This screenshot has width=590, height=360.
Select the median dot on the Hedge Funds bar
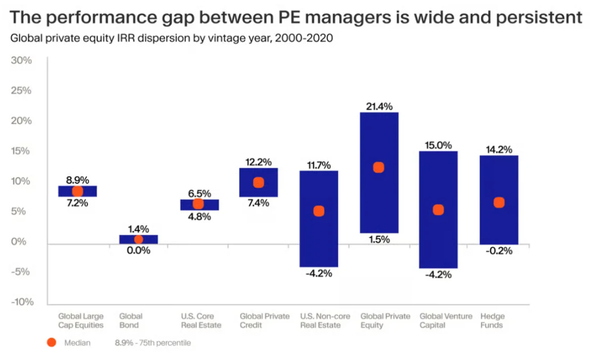click(498, 202)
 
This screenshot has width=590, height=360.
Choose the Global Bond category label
click(130, 320)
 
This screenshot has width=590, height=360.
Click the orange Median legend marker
click(51, 342)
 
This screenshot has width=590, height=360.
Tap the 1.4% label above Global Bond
click(138, 229)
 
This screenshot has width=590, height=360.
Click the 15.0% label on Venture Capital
click(438, 144)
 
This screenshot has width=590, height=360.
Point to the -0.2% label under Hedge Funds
click(498, 251)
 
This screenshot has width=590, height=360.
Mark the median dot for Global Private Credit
click(258, 182)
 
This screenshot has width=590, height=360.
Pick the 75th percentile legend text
click(152, 343)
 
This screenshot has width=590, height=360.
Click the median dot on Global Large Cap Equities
click(77, 191)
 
